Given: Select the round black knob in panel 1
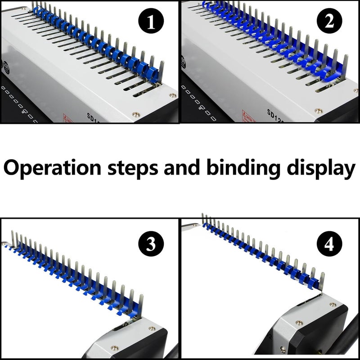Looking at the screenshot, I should [x=6, y=64].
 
